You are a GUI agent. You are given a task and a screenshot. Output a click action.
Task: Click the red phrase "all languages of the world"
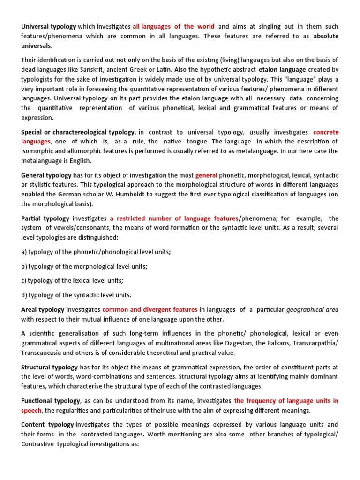173,26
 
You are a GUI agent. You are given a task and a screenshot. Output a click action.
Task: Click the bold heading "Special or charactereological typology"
78,132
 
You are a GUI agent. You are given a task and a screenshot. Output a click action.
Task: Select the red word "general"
206,175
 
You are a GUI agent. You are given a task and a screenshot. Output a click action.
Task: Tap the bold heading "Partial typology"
45,218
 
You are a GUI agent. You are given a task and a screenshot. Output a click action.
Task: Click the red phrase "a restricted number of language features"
174,218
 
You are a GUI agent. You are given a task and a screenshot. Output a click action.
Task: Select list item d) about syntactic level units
76,295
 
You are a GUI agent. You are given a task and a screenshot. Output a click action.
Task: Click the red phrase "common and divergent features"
150,309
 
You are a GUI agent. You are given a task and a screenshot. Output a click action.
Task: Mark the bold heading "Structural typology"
50,367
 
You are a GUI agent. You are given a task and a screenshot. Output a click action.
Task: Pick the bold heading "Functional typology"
51,401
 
